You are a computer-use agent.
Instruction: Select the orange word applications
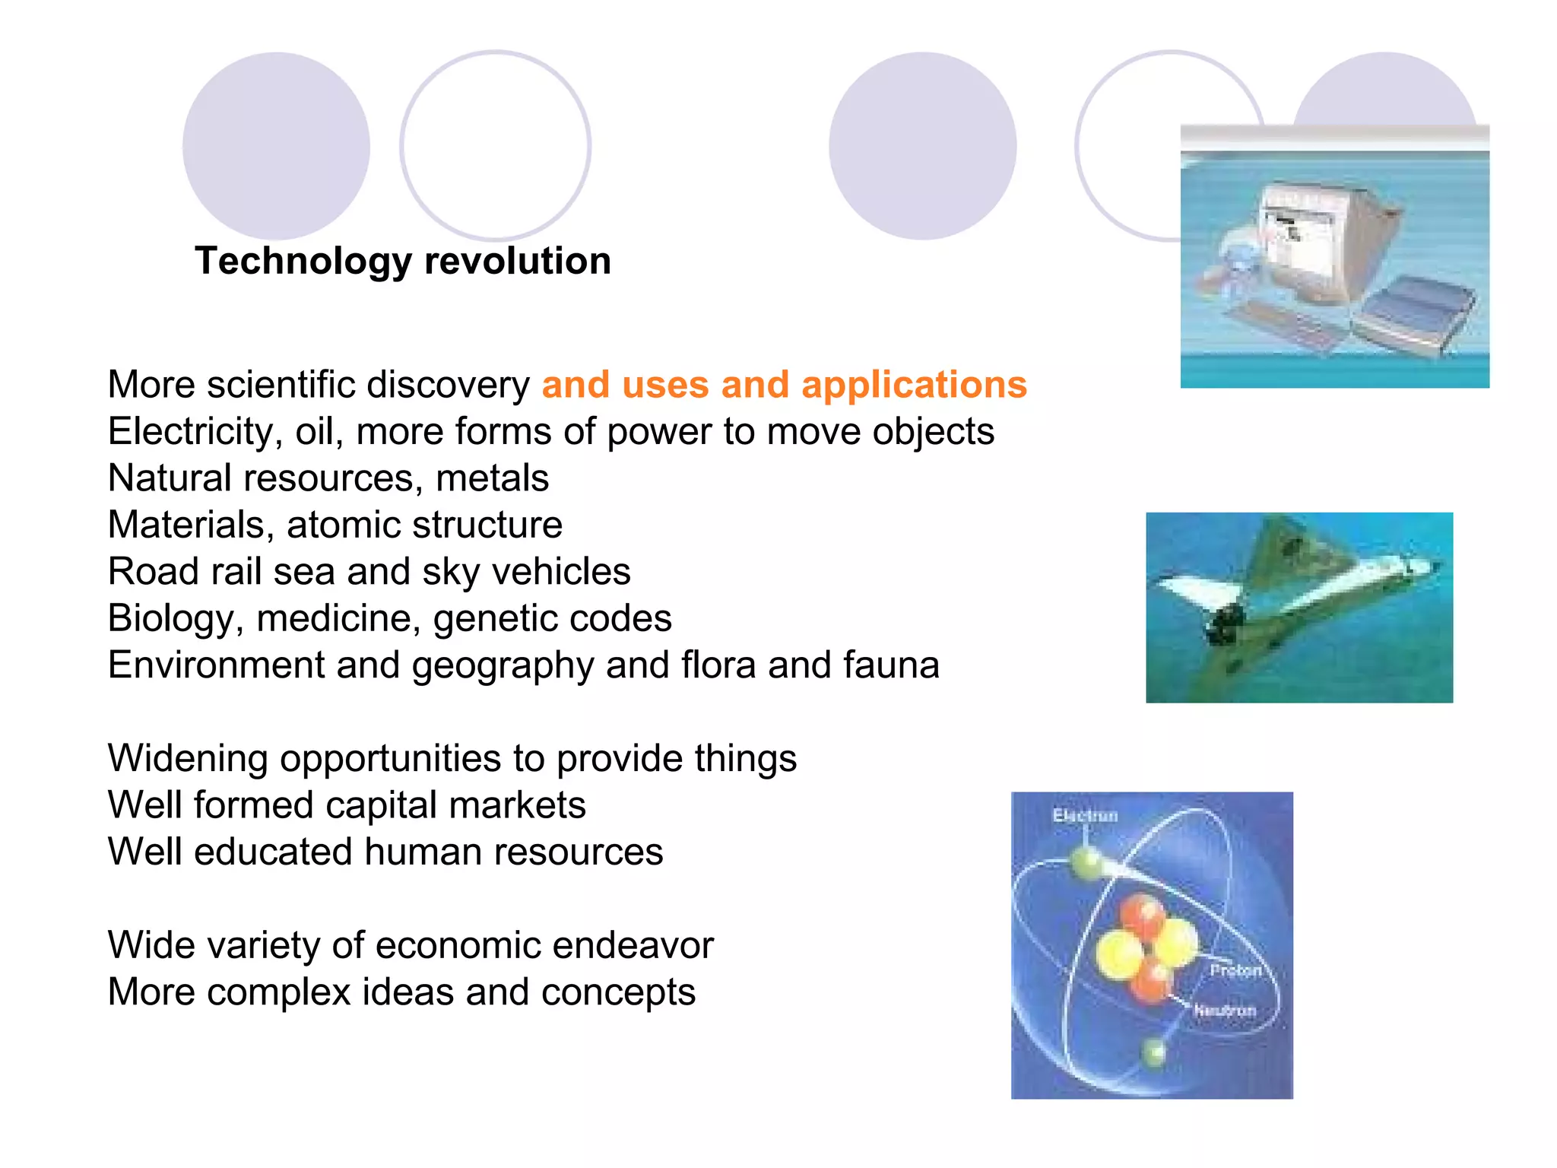tap(914, 385)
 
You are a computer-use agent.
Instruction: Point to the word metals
tap(492, 478)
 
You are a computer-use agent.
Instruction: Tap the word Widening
tap(187, 758)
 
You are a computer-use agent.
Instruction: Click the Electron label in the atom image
tap(1085, 816)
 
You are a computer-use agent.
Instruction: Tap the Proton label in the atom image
tap(1235, 970)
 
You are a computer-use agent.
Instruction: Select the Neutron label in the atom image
tap(1224, 1011)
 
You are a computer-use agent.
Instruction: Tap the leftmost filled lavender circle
tap(276, 146)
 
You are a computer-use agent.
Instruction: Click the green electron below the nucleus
tap(1154, 1052)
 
